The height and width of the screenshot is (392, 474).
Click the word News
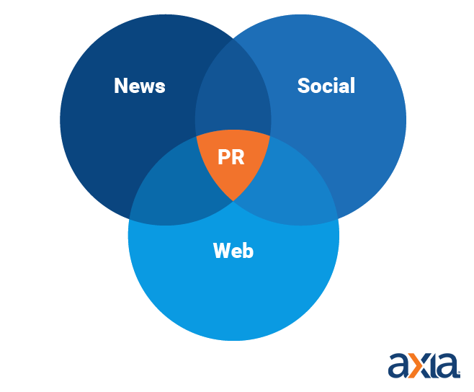pos(140,86)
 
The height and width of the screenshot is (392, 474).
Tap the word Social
pos(326,86)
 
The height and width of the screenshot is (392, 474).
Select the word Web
pos(233,251)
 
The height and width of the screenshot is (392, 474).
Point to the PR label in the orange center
pos(231,157)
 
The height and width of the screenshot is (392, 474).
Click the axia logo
pos(424,365)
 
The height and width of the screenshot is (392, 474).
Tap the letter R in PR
pos(238,157)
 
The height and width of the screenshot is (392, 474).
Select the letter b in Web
pos(248,251)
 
